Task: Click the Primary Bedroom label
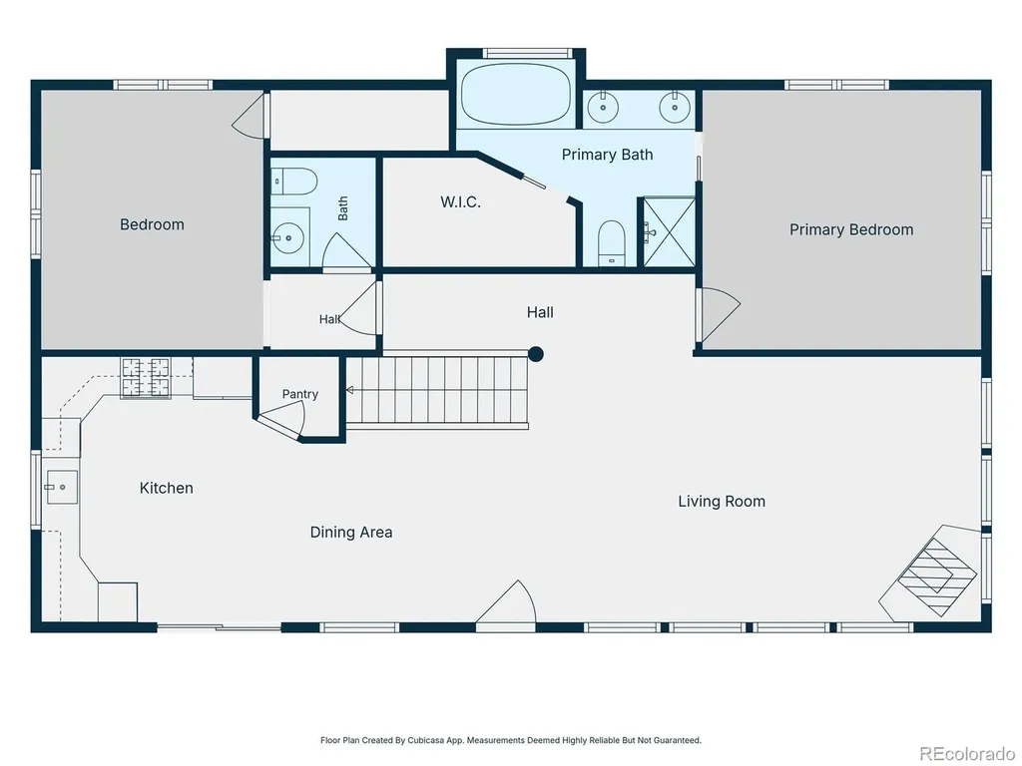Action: click(851, 229)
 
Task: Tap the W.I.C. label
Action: click(461, 201)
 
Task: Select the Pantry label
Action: click(299, 394)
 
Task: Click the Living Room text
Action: click(722, 501)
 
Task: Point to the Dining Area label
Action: click(351, 533)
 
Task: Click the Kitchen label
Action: click(167, 488)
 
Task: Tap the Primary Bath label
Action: click(607, 155)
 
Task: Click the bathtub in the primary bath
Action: click(516, 94)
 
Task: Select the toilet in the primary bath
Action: click(612, 243)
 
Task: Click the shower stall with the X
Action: click(670, 231)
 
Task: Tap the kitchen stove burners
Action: click(145, 377)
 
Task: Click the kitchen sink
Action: click(61, 487)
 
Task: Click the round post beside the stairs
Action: click(536, 354)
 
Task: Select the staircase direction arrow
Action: click(350, 390)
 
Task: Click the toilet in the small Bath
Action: click(294, 182)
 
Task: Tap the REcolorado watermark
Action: click(966, 754)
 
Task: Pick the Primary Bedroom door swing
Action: click(720, 314)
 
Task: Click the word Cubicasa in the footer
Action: click(425, 740)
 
